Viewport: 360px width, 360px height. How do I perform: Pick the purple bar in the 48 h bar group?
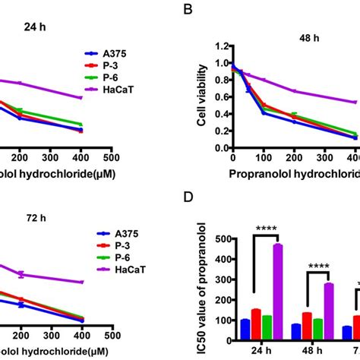(x=329, y=310)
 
